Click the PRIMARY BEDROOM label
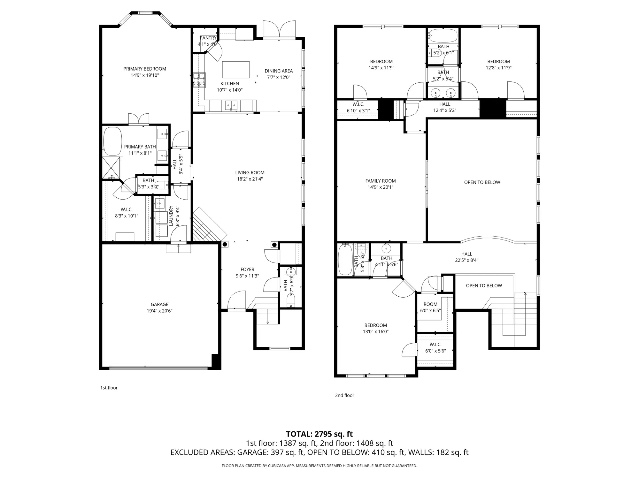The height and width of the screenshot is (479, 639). (x=145, y=69)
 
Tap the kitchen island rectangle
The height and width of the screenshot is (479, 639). (x=236, y=70)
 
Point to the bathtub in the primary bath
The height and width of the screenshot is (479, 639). (x=112, y=141)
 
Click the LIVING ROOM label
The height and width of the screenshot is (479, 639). (x=250, y=173)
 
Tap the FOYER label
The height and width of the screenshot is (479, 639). (x=247, y=270)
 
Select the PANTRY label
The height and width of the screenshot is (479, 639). (x=208, y=38)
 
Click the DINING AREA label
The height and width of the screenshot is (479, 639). (x=279, y=71)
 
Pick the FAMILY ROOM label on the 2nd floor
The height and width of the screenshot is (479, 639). (x=380, y=181)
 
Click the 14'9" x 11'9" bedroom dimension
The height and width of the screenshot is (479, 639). (x=381, y=68)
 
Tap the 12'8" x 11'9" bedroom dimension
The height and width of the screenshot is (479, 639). (x=498, y=68)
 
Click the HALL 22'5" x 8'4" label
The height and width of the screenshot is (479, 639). (x=466, y=257)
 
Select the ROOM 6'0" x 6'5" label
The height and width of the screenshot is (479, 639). (x=430, y=307)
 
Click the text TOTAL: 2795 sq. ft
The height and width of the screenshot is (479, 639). (x=319, y=434)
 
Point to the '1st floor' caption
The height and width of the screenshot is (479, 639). (x=109, y=388)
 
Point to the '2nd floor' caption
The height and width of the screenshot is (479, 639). (x=344, y=395)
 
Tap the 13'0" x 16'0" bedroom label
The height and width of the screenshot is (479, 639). (x=375, y=328)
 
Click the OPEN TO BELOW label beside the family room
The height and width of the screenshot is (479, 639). (x=482, y=182)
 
